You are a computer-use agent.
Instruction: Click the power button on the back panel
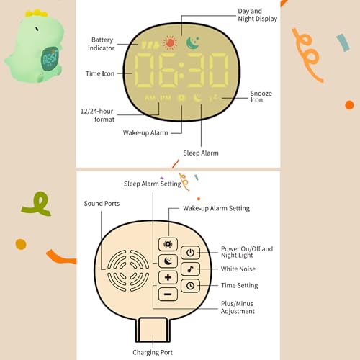pos(190,253)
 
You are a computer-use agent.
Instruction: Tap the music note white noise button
pos(190,269)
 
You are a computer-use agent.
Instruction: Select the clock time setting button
pos(190,286)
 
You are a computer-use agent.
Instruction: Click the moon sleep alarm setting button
pos(168,261)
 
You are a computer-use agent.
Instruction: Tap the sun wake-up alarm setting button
pos(168,244)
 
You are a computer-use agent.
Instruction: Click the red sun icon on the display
pos(170,43)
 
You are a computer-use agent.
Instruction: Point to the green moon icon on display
pos(193,43)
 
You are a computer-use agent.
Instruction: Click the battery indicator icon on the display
pos(150,45)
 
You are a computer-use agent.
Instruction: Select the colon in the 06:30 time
pos(181,71)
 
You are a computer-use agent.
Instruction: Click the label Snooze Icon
pos(261,96)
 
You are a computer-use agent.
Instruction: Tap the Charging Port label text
pos(153,352)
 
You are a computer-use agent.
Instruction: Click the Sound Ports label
pos(102,204)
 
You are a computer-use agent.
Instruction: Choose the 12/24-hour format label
pos(97,115)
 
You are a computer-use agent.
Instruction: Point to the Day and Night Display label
pos(257,15)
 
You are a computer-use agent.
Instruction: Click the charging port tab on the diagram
pos(153,330)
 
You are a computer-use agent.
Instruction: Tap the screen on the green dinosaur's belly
pos(50,58)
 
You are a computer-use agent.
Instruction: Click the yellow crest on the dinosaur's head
pos(37,13)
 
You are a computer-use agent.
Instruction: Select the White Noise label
pos(238,269)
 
